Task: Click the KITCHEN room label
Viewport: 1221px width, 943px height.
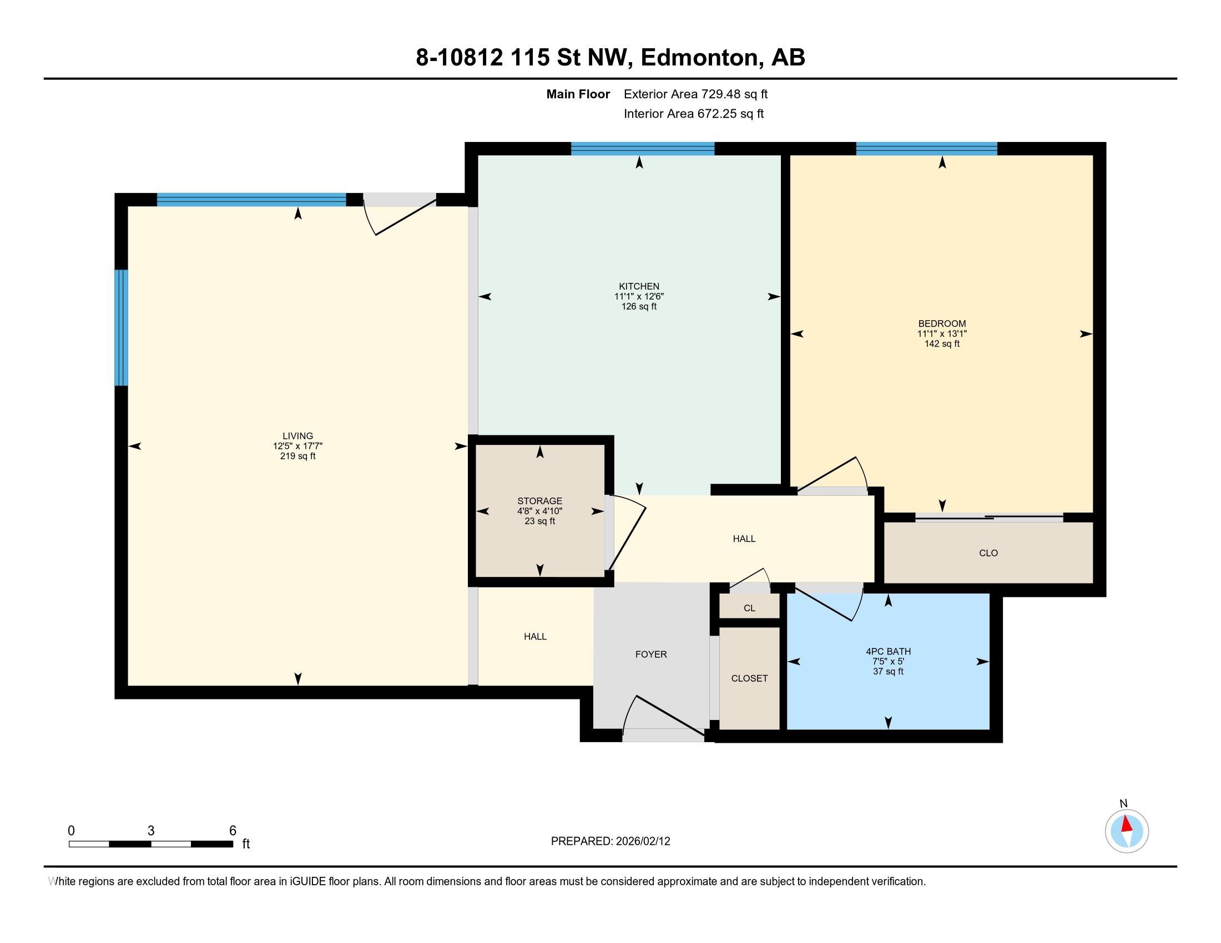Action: coord(639,287)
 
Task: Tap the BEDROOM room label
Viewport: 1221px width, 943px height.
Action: coord(942,323)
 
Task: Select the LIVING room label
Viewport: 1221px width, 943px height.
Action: coord(298,437)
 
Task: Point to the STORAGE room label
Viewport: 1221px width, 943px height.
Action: coord(539,501)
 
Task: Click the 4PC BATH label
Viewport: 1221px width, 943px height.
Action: coord(889,651)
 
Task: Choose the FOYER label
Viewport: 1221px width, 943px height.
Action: coord(652,654)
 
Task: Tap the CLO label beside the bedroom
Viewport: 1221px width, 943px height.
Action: coord(988,553)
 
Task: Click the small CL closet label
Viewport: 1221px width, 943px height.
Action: coord(750,609)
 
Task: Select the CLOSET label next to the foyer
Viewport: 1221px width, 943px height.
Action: coord(750,678)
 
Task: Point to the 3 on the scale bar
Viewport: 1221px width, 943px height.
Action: coord(151,831)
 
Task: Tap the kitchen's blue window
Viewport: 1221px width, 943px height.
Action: coord(642,149)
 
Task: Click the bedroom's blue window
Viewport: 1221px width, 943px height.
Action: coord(926,149)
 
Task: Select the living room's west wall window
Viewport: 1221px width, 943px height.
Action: coord(122,328)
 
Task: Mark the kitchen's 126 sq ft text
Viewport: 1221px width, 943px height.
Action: coord(639,307)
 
